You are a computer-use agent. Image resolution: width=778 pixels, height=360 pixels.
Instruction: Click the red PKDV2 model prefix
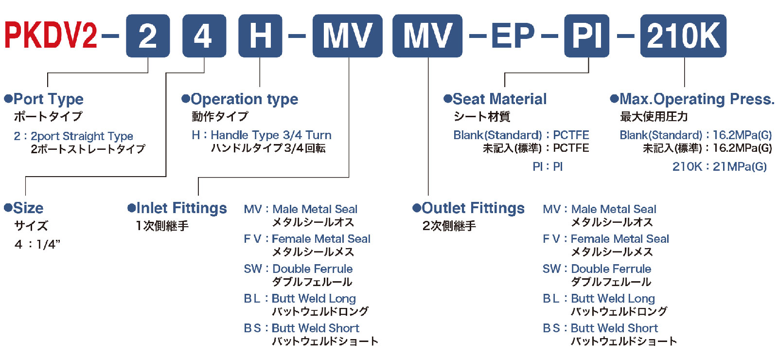(51, 36)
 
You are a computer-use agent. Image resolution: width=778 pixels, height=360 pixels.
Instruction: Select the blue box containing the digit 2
(148, 36)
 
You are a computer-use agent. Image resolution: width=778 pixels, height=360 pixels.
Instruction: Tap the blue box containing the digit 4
(204, 36)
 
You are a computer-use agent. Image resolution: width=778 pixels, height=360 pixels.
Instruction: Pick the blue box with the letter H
(260, 36)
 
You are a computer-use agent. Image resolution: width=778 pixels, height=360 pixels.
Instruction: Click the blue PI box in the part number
(586, 36)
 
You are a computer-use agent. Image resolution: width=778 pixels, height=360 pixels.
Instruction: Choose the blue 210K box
(683, 36)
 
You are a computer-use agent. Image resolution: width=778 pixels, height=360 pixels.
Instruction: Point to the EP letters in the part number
(513, 36)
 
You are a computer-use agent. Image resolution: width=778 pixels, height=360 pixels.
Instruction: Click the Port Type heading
(48, 99)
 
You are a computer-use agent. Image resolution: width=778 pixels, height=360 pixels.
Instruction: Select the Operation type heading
(244, 99)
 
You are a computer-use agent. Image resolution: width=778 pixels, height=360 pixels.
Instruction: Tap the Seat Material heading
(499, 99)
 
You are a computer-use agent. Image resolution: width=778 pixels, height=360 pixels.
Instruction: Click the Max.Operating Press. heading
(697, 99)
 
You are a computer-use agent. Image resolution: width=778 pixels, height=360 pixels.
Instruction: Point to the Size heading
(28, 208)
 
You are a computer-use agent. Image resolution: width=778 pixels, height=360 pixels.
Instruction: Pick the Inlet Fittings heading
(181, 208)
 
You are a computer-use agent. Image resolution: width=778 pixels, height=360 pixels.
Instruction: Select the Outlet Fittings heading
(473, 208)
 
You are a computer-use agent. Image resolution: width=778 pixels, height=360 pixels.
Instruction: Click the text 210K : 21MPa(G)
(720, 167)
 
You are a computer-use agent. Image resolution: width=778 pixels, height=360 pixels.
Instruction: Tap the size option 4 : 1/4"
(37, 245)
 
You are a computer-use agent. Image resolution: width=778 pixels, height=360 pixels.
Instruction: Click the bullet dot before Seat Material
(447, 99)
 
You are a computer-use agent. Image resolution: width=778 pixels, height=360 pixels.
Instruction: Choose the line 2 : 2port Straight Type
(73, 136)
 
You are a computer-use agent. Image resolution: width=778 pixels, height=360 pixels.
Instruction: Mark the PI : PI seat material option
(548, 167)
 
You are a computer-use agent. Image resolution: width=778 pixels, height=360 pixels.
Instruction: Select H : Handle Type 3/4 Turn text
(262, 135)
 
